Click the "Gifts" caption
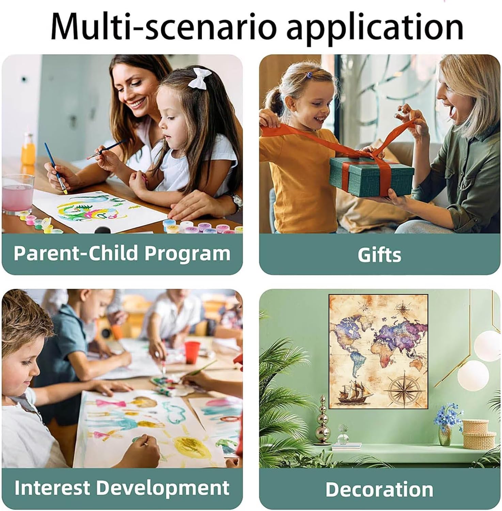click(379, 255)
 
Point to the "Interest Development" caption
click(122, 488)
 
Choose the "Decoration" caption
click(379, 489)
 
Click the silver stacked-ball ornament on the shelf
click(322, 419)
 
